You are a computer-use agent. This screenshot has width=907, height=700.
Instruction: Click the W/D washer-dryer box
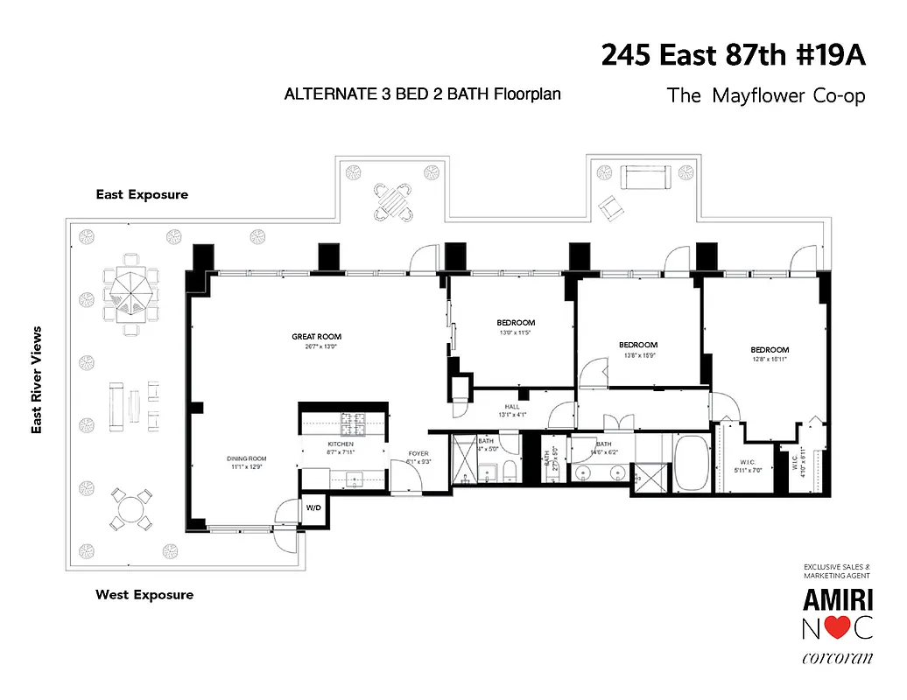(x=313, y=507)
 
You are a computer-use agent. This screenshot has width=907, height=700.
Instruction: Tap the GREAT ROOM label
(x=316, y=337)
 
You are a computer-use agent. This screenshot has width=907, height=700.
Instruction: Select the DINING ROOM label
(x=246, y=458)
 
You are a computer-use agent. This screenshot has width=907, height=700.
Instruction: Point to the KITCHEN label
(x=341, y=444)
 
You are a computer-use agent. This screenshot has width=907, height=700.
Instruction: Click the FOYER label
(x=418, y=453)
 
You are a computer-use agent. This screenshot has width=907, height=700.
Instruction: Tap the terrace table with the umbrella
(x=131, y=290)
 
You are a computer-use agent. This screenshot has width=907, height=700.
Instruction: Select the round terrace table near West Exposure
(x=130, y=508)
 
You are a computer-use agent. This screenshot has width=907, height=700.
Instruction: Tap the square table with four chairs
(x=393, y=201)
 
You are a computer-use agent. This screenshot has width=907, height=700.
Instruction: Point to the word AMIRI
(x=837, y=599)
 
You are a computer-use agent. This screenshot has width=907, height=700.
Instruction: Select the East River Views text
(x=37, y=380)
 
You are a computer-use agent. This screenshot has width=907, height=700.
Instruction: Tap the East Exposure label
(x=142, y=194)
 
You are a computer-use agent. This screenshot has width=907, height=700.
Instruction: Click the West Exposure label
(x=144, y=595)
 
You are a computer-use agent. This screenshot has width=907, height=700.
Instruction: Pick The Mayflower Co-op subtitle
(x=766, y=94)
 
